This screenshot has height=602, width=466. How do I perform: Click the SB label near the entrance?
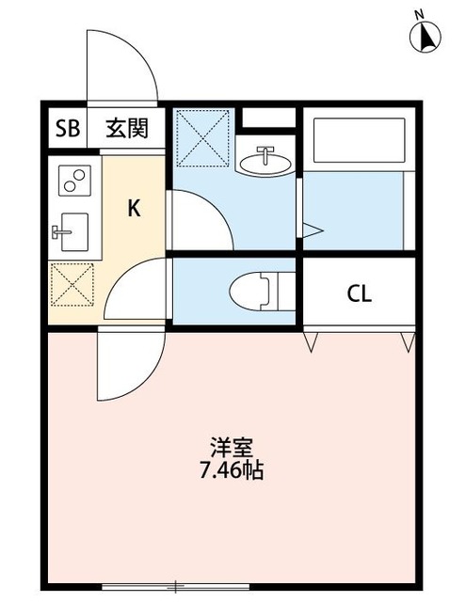tap(68, 128)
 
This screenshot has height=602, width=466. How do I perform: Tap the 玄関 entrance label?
tap(127, 128)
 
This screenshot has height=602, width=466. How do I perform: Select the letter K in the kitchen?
tap(134, 209)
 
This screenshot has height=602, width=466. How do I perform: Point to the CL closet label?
tap(360, 294)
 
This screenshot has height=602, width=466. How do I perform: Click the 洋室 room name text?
tap(232, 448)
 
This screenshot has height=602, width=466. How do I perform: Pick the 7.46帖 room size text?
tap(232, 470)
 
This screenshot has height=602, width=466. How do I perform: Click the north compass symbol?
tap(426, 35)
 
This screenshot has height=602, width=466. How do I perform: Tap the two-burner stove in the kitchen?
tap(74, 181)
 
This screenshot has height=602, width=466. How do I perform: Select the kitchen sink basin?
tap(74, 232)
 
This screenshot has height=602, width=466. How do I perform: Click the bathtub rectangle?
tap(360, 140)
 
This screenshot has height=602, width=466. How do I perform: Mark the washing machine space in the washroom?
tap(202, 138)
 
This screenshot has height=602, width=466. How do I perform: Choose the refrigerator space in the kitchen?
tap(72, 284)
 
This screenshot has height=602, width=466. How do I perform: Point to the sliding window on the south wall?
tap(176, 586)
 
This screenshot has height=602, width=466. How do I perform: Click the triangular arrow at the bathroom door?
tap(313, 230)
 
